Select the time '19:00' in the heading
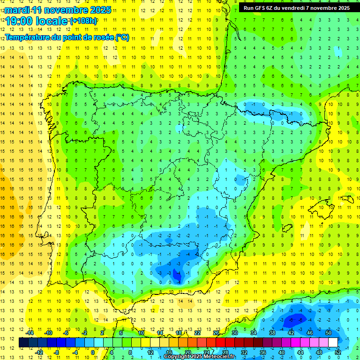(19, 21)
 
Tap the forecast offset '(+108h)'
(83, 21)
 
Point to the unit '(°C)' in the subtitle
(122, 37)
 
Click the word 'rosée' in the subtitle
(103, 37)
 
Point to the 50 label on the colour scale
(328, 333)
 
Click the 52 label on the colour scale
(338, 352)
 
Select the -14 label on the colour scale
(30, 333)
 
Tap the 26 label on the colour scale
(216, 333)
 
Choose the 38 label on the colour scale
(272, 333)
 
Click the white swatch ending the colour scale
(333, 343)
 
